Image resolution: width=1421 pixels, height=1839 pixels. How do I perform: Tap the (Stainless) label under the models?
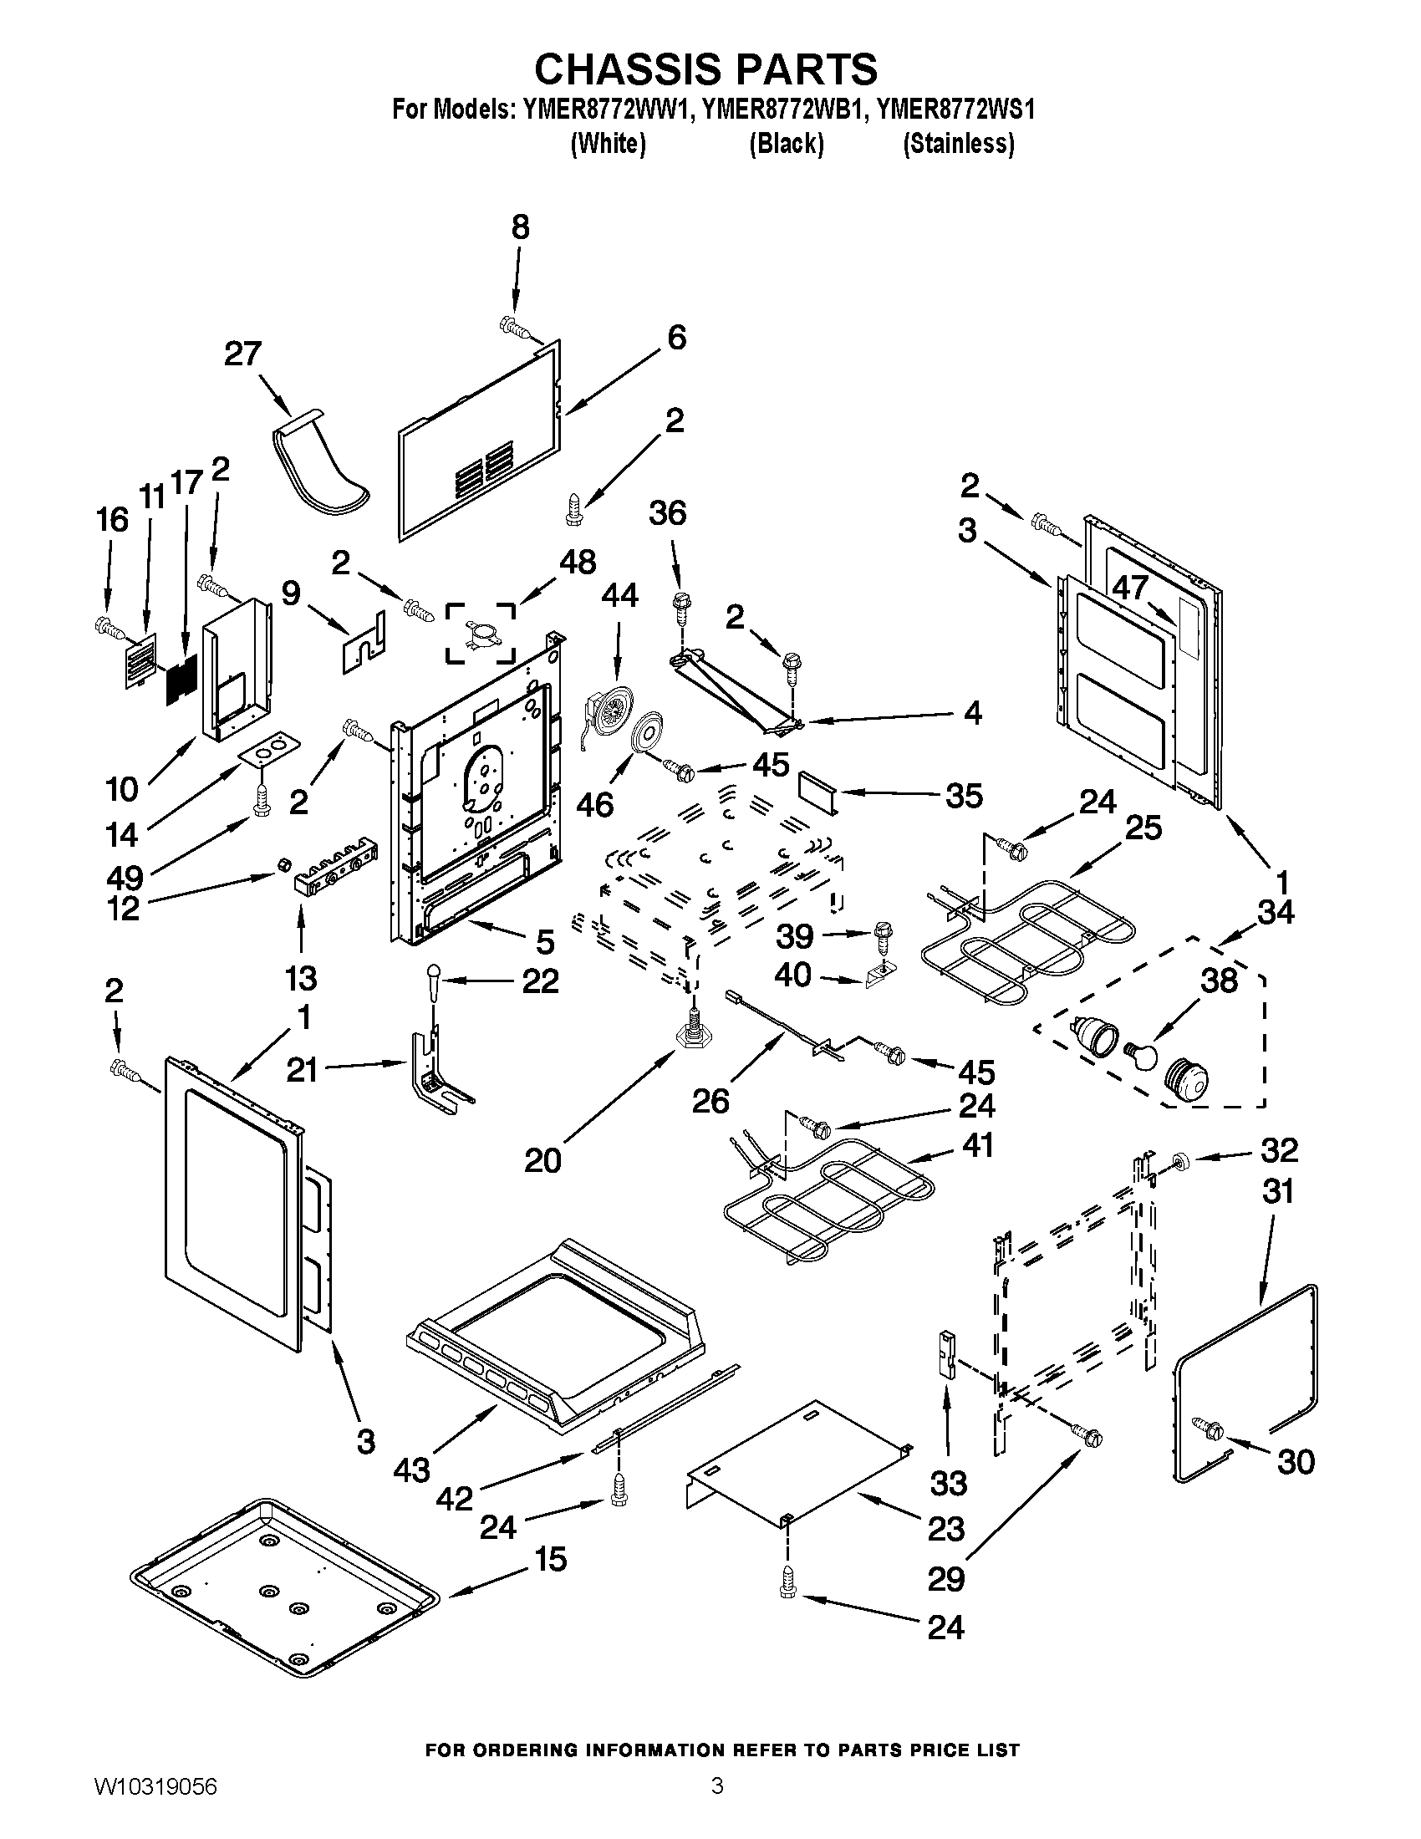[958, 144]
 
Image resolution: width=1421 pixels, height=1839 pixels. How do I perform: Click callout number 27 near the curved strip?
[242, 354]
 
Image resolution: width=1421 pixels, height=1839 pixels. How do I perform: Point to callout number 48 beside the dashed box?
[578, 562]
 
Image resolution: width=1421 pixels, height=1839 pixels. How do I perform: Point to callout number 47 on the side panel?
[1131, 587]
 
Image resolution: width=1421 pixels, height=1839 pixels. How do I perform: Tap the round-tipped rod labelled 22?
[435, 981]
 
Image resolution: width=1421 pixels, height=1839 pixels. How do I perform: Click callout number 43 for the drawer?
[411, 1471]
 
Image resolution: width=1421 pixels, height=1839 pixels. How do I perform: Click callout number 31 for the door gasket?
[1277, 1191]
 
